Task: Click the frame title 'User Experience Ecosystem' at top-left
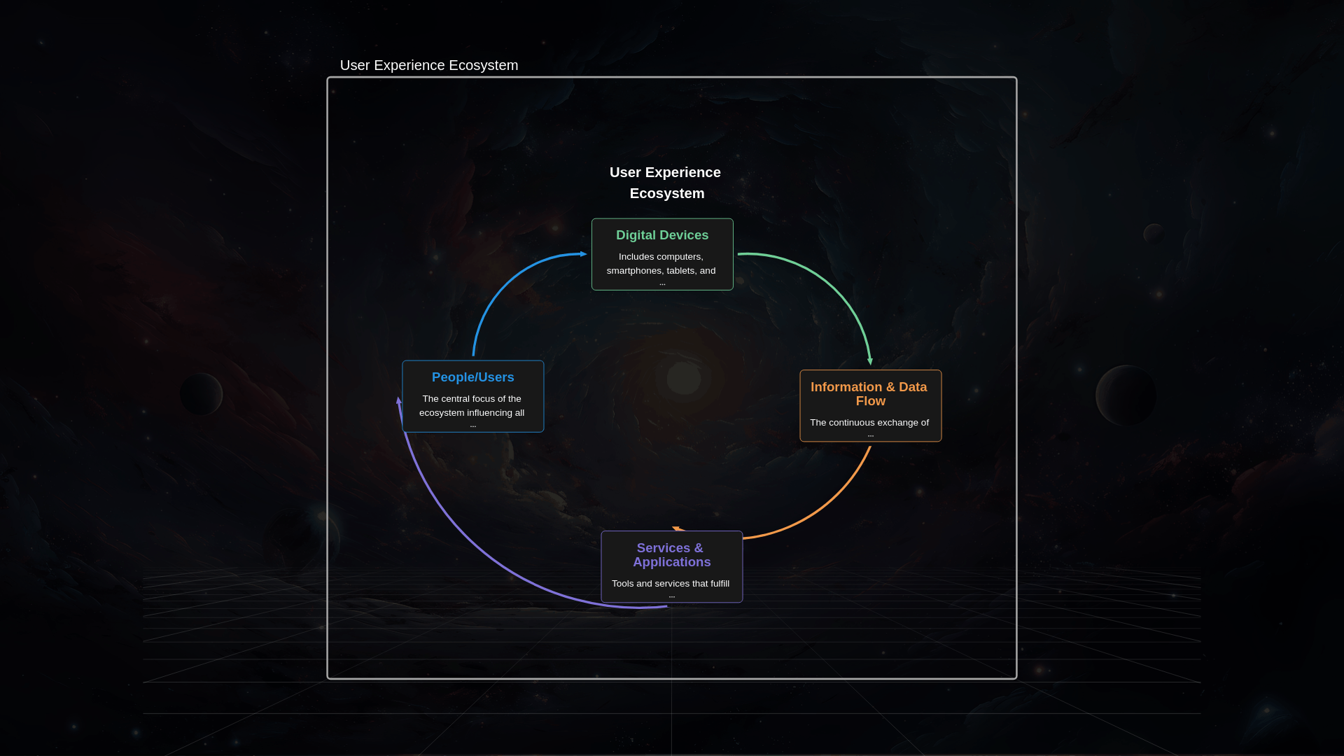(428, 65)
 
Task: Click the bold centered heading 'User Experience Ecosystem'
(666, 183)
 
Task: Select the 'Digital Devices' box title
(662, 235)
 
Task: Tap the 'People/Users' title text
(473, 377)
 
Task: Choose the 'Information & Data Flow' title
(869, 394)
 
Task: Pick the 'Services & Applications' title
(671, 555)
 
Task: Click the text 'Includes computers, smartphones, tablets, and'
(661, 264)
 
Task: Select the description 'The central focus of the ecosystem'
(472, 406)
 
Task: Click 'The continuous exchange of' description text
(869, 423)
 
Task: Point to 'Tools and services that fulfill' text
(671, 584)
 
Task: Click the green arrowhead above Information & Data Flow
(870, 361)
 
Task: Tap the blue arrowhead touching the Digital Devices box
(583, 254)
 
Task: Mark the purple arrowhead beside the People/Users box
(399, 401)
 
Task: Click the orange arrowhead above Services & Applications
(677, 528)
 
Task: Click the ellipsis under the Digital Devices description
(662, 283)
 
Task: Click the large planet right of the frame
(1126, 395)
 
